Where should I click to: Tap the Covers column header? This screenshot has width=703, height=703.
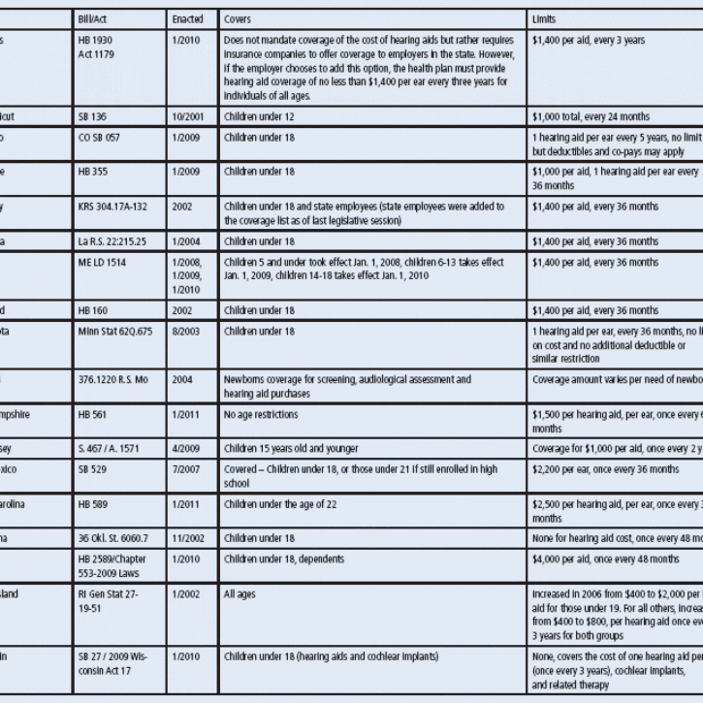239,19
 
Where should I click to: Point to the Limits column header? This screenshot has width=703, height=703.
544,19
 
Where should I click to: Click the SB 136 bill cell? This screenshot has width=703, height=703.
93,116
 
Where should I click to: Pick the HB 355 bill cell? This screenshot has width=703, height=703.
93,172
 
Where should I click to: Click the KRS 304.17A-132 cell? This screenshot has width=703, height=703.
114,207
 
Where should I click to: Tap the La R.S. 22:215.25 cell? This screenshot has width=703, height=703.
112,241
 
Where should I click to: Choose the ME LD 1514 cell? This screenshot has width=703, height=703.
102,263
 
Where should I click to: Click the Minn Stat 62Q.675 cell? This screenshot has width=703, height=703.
114,332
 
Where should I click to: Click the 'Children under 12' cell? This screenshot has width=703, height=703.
259,116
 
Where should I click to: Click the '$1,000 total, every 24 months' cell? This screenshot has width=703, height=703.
591,116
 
